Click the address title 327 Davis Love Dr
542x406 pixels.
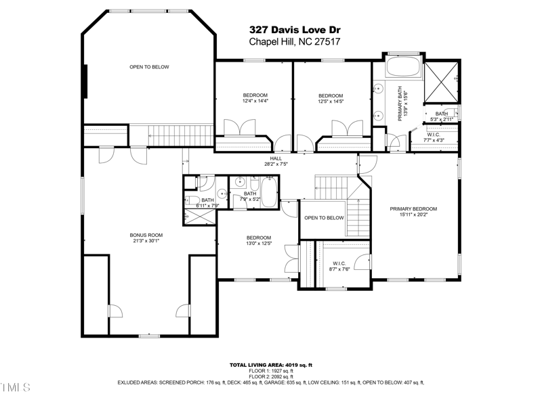click(294, 29)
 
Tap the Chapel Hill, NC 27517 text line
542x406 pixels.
click(294, 41)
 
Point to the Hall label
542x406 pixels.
click(276, 161)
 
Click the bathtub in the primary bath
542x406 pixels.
click(402, 68)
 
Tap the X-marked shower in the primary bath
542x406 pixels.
click(442, 82)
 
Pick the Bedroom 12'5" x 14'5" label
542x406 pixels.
click(331, 99)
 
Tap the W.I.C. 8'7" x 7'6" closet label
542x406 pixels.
click(339, 267)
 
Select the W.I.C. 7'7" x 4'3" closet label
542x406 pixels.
click(434, 137)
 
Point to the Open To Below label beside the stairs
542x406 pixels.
click(324, 218)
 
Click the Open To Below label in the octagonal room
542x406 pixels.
click(149, 67)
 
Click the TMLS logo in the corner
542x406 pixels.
click(15, 388)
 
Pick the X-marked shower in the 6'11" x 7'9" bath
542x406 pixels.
click(200, 216)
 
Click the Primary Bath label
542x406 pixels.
click(402, 103)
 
